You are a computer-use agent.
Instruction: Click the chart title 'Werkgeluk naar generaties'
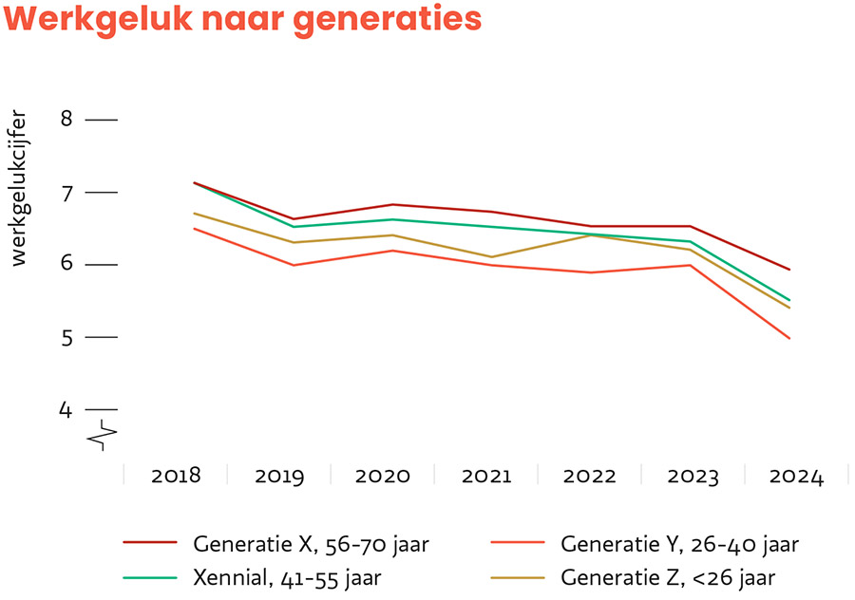click(243, 21)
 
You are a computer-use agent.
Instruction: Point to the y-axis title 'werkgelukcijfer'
click(20, 190)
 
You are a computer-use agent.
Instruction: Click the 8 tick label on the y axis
click(66, 120)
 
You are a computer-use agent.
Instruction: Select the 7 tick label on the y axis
click(66, 193)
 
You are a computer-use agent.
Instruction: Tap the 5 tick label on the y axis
click(66, 337)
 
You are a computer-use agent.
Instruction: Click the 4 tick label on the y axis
click(66, 410)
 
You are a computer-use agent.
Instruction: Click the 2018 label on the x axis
click(176, 476)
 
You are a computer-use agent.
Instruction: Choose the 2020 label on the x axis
click(383, 476)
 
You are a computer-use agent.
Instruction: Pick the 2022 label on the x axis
click(589, 476)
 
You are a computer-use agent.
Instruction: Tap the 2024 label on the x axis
click(796, 476)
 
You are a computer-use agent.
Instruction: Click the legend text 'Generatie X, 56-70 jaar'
click(312, 545)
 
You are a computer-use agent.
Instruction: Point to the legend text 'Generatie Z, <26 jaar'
click(669, 577)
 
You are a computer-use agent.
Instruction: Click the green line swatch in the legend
click(151, 576)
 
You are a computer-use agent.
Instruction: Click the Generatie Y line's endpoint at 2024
click(789, 338)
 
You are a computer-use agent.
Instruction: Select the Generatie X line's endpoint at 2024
click(789, 270)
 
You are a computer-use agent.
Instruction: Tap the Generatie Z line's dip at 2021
click(491, 256)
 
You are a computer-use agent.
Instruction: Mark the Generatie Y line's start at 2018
click(194, 228)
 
